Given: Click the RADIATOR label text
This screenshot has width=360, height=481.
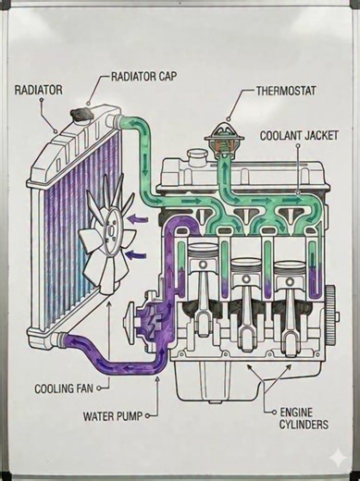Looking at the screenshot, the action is [38, 90].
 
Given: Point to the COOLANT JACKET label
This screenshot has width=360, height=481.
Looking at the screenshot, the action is [299, 135].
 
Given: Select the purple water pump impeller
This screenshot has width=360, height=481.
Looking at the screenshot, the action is [153, 320].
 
